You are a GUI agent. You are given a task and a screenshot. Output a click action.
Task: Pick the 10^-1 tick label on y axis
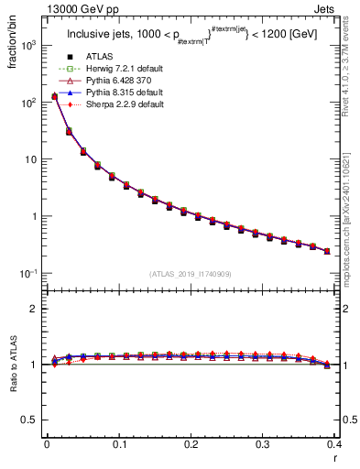[x=29, y=274]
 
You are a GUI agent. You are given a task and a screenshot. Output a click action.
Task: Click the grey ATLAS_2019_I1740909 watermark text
[x=190, y=274]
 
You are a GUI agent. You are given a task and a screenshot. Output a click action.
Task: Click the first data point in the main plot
[x=54, y=96]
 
